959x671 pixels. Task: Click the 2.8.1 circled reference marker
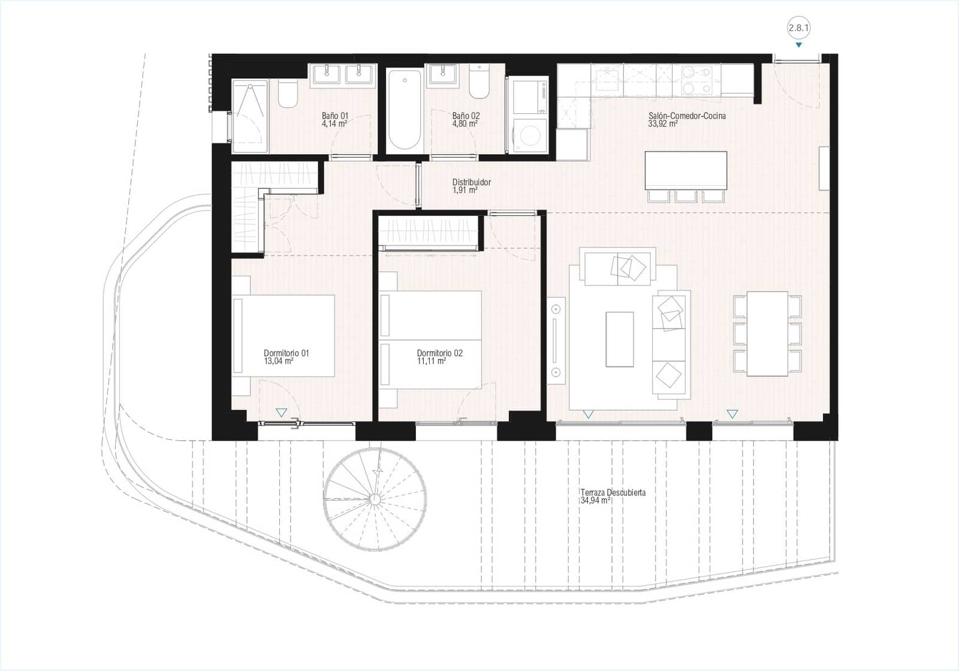pos(798,28)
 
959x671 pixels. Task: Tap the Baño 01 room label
pos(334,116)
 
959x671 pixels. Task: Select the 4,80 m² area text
pos(465,124)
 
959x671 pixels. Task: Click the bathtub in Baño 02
pos(404,110)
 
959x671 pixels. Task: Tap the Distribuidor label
pos(472,182)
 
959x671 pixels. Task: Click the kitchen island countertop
pos(686,170)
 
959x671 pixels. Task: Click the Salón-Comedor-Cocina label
pos(687,116)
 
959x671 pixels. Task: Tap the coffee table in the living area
pos(620,339)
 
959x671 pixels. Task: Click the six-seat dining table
pos(767,333)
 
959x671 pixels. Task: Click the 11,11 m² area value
pos(431,362)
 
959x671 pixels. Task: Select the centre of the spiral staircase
pos(375,500)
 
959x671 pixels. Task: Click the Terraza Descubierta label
pos(613,492)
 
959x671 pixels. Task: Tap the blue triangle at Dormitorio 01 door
pos(281,413)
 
